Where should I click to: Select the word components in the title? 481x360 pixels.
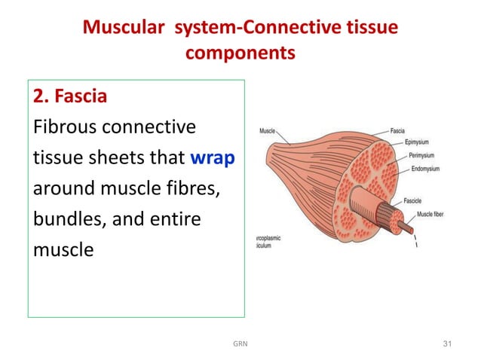[x=240, y=55]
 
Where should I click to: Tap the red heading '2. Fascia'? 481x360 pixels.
[x=69, y=98]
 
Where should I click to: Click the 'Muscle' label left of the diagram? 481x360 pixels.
[x=268, y=130]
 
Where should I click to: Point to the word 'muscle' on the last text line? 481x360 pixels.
[x=63, y=249]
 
